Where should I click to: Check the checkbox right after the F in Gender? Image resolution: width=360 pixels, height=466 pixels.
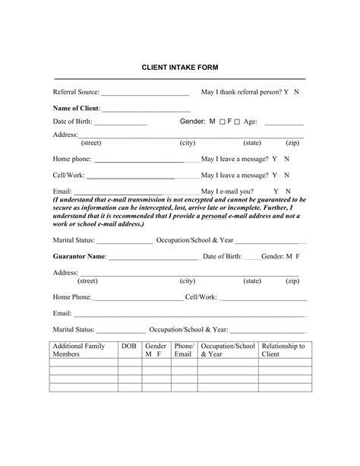pos(237,122)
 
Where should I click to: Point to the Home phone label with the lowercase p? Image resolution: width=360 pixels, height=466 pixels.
pos(71,160)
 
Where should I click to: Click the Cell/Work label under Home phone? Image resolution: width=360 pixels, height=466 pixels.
pos(68,175)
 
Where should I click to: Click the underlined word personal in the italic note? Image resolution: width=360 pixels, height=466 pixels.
pos(217,216)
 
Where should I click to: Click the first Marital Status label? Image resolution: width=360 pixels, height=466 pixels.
pos(74,239)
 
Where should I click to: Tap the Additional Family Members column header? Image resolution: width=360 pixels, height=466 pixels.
pos(78,350)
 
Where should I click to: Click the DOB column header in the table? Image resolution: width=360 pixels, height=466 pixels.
pos(129,346)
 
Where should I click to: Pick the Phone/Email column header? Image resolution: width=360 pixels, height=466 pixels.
pos(184,350)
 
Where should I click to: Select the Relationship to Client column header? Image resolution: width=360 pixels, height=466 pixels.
pos(283,350)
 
